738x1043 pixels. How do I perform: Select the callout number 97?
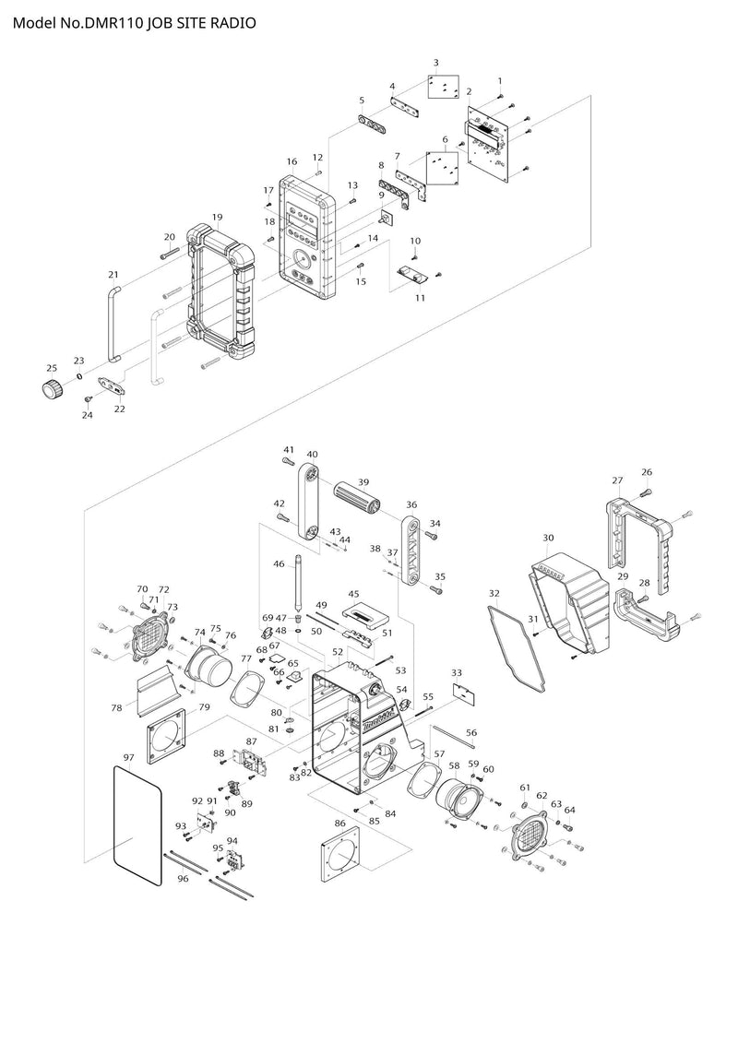(x=128, y=758)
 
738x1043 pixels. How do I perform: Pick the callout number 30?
(x=548, y=538)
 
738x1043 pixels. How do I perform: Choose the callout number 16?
(x=292, y=161)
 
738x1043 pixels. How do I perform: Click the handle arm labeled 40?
(x=307, y=502)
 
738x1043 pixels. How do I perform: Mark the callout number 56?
(x=471, y=732)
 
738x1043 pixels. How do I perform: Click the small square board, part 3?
(x=442, y=86)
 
